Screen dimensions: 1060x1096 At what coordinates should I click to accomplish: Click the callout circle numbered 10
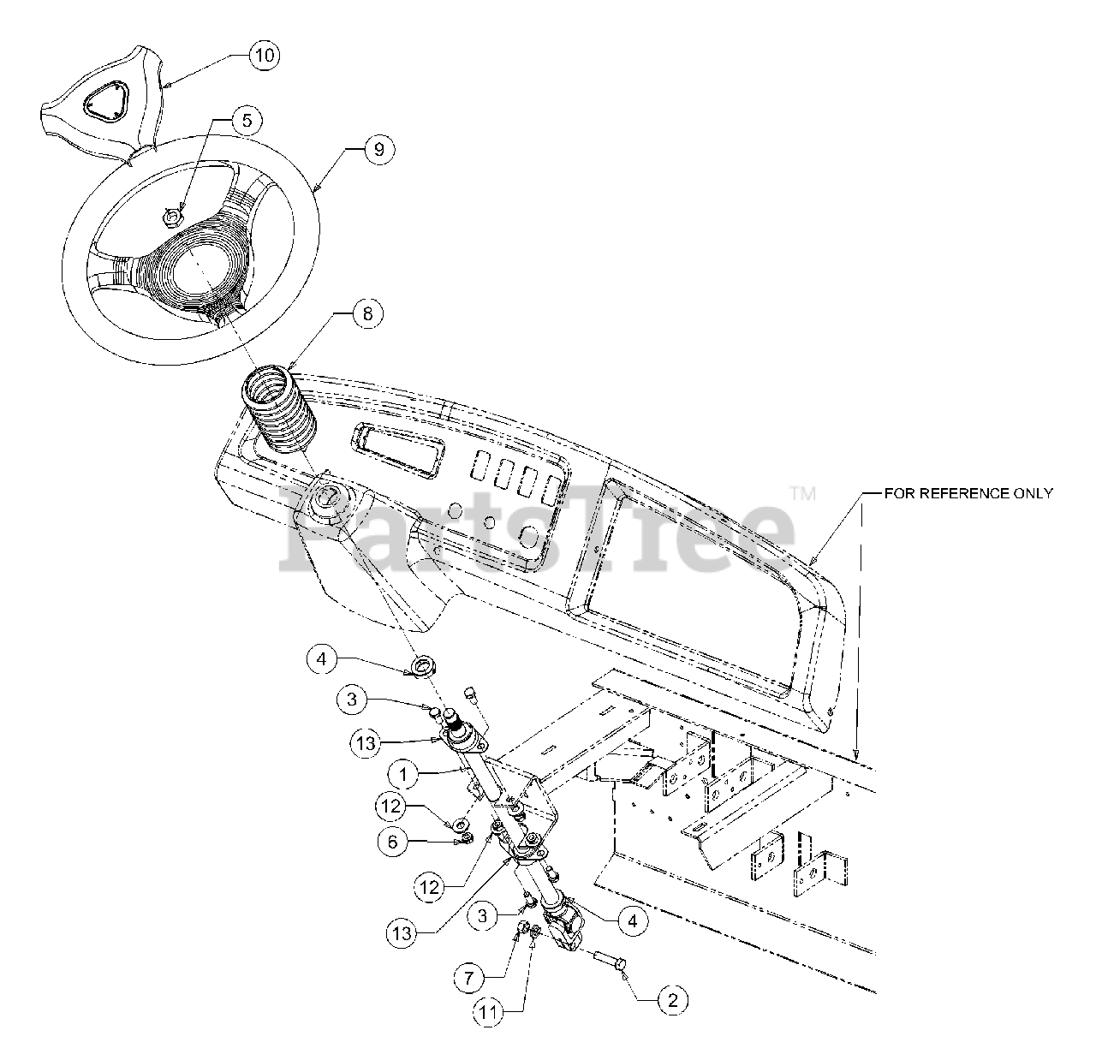coord(265,56)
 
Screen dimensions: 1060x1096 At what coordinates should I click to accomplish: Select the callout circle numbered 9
coord(378,149)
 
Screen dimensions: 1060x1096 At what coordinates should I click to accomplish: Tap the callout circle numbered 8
coord(366,314)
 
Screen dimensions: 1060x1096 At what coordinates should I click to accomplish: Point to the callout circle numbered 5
coord(247,121)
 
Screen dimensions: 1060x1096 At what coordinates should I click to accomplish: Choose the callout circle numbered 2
coord(671,999)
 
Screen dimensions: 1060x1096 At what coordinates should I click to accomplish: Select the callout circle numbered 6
coord(392,843)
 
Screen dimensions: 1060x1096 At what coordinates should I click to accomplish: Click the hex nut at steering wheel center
coord(171,217)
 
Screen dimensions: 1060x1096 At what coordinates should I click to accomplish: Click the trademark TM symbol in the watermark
coord(802,494)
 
